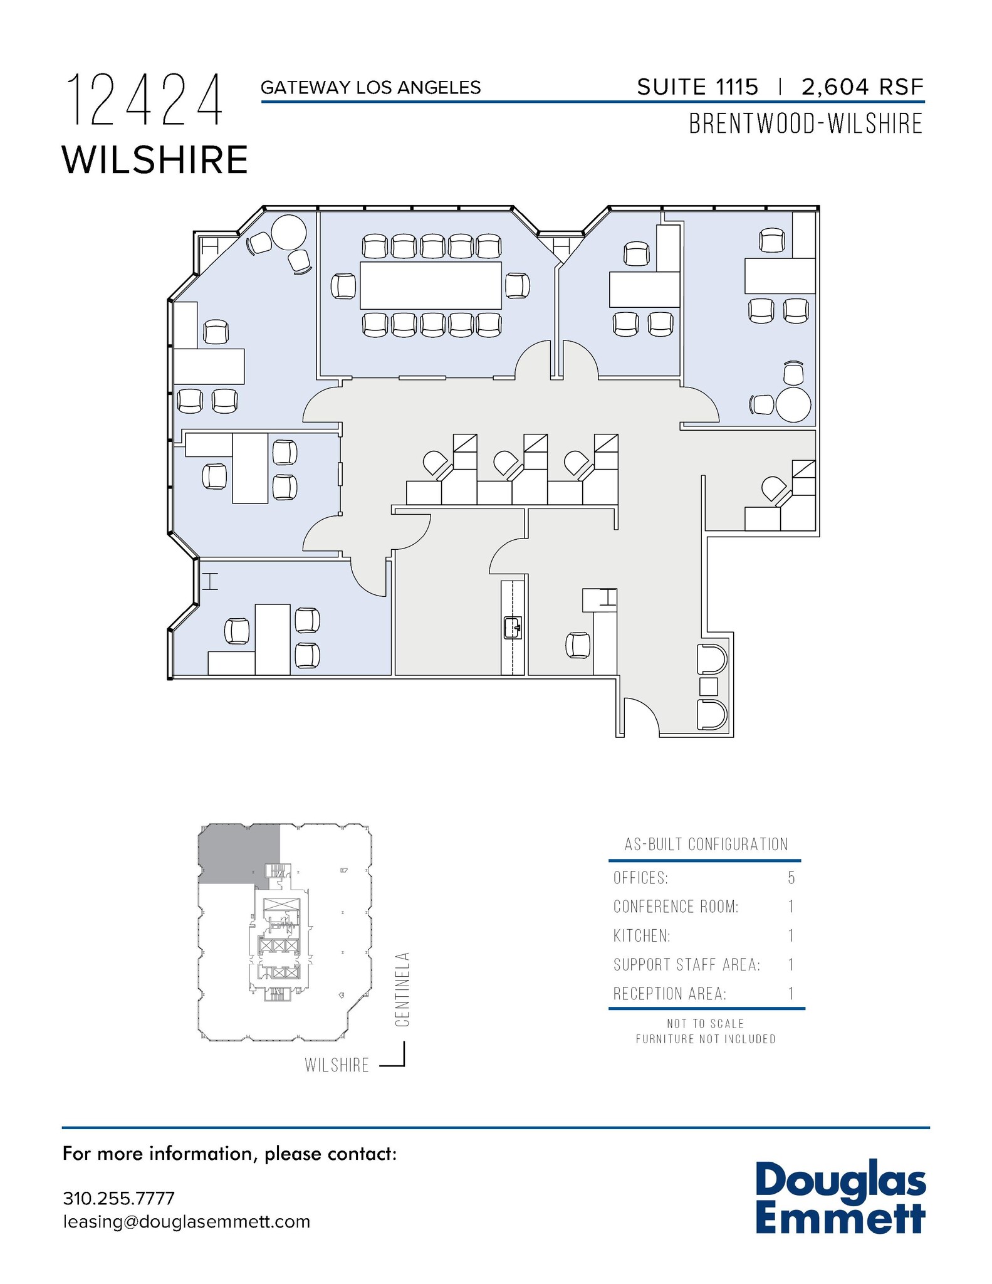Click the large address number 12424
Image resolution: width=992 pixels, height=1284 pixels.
click(x=145, y=100)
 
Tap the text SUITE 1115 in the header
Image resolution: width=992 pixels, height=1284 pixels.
click(x=697, y=87)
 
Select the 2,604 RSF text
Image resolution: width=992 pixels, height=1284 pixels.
click(x=862, y=87)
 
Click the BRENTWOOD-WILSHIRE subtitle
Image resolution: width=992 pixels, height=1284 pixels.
click(x=806, y=124)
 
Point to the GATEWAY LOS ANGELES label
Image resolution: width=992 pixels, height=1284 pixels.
click(x=370, y=88)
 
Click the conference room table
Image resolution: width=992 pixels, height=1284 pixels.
click(x=431, y=285)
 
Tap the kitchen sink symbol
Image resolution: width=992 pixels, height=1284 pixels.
click(x=513, y=627)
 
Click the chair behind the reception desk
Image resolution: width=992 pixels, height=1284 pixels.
click(x=578, y=645)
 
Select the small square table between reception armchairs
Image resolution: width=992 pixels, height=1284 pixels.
click(x=708, y=687)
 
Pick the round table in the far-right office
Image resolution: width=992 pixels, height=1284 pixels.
click(x=793, y=405)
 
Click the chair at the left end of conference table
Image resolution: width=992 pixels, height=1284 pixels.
click(x=343, y=286)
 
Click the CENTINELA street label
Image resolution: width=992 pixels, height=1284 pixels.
click(x=402, y=990)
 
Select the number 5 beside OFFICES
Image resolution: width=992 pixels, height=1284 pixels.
click(x=791, y=878)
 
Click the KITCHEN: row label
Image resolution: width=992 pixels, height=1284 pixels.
click(x=642, y=936)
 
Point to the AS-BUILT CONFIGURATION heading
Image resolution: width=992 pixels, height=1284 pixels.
click(x=706, y=845)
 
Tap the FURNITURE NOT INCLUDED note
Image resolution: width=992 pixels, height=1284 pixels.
click(x=706, y=1039)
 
